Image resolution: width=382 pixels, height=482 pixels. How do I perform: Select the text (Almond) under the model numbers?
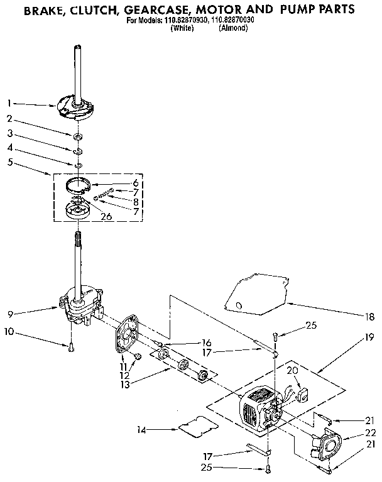click(233, 28)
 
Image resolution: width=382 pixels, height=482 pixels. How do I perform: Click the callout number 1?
click(9, 102)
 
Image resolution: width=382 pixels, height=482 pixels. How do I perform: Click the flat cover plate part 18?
click(254, 292)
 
